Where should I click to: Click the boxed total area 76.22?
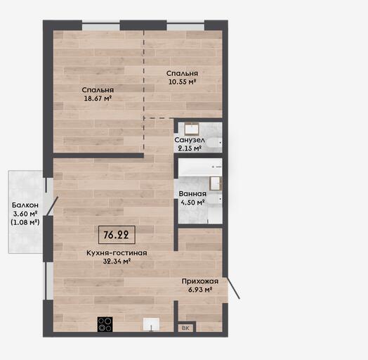pyautogui.click(x=117, y=235)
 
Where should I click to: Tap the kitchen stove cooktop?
pyautogui.click(x=105, y=325)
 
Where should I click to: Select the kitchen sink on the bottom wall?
pyautogui.click(x=152, y=325)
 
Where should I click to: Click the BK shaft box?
pyautogui.click(x=185, y=328)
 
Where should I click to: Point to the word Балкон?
pyautogui.click(x=25, y=205)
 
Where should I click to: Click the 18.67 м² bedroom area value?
pyautogui.click(x=98, y=98)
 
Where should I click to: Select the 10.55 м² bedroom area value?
pyautogui.click(x=183, y=82)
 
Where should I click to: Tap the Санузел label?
pyautogui.click(x=190, y=140)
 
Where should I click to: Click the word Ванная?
pyautogui.click(x=192, y=194)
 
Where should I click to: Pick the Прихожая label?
pyautogui.click(x=200, y=281)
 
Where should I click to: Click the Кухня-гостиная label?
pyautogui.click(x=117, y=253)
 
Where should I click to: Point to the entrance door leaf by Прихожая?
pyautogui.click(x=233, y=288)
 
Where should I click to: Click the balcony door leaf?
pyautogui.click(x=53, y=206)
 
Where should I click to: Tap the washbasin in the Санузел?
pyautogui.click(x=192, y=128)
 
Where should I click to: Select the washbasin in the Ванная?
pyautogui.click(x=216, y=184)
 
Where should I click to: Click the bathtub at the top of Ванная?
pyautogui.click(x=200, y=167)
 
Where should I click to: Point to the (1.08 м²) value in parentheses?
pyautogui.click(x=25, y=222)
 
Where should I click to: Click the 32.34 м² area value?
pyautogui.click(x=117, y=261)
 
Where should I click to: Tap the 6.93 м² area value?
pyautogui.click(x=200, y=290)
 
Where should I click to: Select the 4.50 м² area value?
pyautogui.click(x=192, y=202)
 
